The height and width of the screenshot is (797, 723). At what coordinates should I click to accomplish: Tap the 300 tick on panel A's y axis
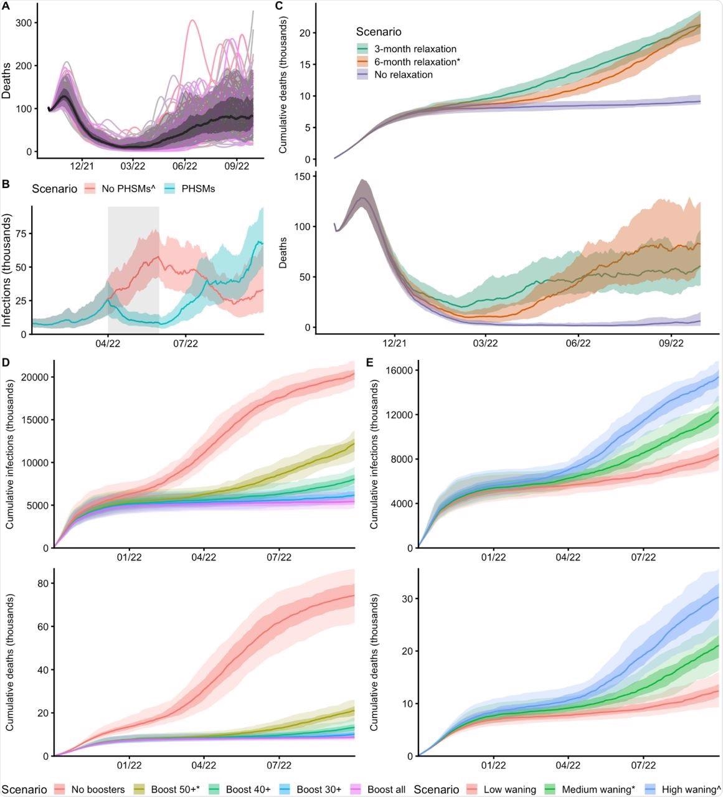(24, 23)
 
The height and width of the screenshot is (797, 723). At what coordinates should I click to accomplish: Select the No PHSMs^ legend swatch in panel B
(90, 188)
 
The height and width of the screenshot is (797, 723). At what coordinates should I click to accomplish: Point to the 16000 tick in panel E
(397, 370)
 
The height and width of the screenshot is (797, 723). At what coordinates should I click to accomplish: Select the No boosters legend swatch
(59, 790)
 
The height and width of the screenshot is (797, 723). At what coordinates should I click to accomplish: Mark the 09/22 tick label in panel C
(671, 342)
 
